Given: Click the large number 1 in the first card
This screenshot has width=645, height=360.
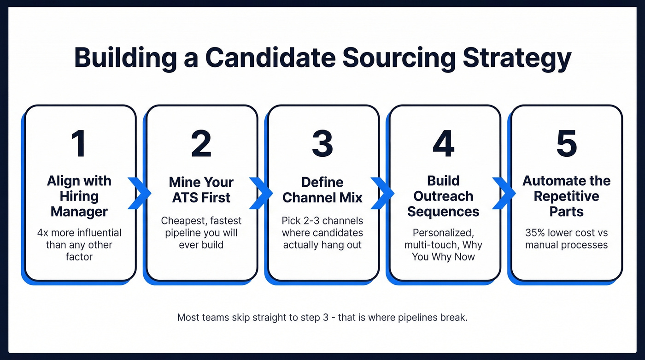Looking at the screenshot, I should click(79, 143).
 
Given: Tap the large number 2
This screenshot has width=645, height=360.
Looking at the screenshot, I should click(201, 143).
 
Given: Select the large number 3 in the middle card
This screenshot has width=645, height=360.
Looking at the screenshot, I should click(322, 143).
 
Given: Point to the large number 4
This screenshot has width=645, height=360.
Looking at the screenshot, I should click(443, 143).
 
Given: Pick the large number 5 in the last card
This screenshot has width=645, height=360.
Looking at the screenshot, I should click(566, 143).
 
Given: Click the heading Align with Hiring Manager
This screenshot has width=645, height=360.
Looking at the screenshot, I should click(79, 196).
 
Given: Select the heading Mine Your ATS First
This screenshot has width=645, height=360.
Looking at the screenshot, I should click(201, 189).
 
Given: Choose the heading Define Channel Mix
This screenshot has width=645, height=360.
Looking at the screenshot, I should click(322, 189).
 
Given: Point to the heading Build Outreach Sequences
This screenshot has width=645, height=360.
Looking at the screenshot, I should click(443, 196).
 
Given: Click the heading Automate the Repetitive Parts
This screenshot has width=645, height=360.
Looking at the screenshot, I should click(566, 196).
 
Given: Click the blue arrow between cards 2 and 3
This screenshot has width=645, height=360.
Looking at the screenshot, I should click(261, 193).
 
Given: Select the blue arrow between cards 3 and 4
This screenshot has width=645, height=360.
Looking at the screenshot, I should click(383, 193).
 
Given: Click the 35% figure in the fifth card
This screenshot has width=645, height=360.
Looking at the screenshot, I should click(536, 232).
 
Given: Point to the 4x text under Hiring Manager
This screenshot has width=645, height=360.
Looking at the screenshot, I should click(43, 232).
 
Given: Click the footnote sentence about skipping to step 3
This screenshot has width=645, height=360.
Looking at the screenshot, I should click(322, 318).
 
